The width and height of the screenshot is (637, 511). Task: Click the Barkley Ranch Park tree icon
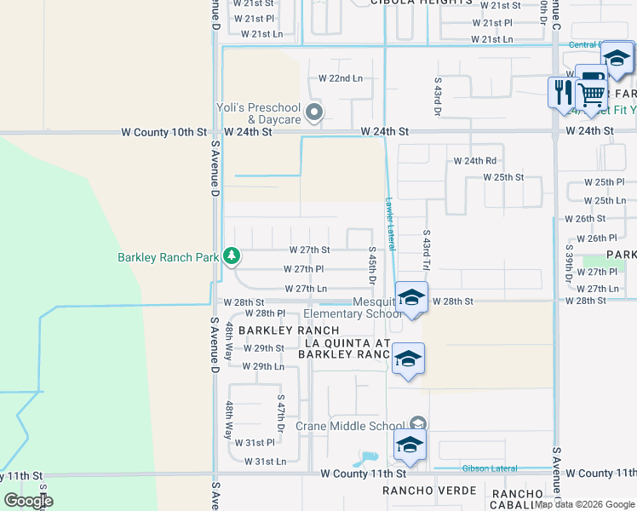pos(231,255)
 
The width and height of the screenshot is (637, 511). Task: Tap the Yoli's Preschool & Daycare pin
pos(314,112)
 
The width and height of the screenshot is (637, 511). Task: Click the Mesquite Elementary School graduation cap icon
pos(410,298)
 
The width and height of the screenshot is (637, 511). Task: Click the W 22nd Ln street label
pos(341,78)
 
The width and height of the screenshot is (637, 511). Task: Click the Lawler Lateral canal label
pos(390,224)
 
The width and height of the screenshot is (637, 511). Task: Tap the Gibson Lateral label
pos(490,468)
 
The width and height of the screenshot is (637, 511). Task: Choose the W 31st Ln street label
pos(265,462)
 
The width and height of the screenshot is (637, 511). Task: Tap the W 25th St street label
pos(502,177)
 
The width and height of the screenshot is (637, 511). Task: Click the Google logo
pos(28,501)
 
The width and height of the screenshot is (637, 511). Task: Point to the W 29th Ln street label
pos(263,366)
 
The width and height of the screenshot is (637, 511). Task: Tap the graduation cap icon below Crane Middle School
pos(410,445)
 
